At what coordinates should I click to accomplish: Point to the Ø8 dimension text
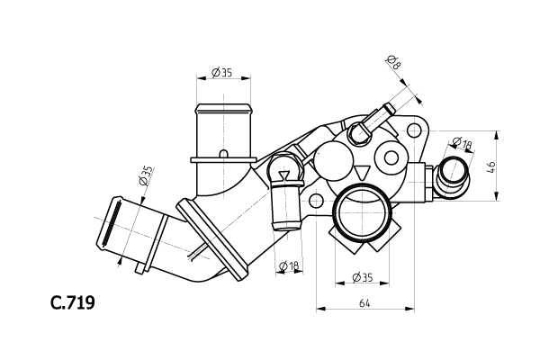click(393, 63)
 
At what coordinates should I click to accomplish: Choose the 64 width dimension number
click(364, 303)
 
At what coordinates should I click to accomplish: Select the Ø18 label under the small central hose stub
click(289, 265)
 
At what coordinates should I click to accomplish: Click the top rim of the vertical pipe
click(221, 106)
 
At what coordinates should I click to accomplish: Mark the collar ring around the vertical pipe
click(221, 157)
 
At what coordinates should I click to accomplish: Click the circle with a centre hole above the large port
click(392, 159)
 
